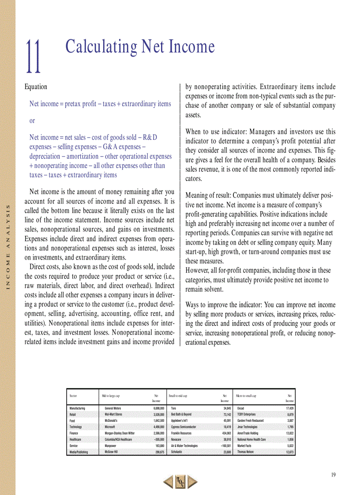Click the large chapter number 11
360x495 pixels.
coord(33,57)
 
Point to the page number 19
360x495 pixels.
coord(333,474)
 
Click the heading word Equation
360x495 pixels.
coord(36,87)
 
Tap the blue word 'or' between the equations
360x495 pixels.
coord(32,120)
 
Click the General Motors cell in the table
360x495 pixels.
coord(112,409)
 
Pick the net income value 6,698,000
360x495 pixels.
coord(156,409)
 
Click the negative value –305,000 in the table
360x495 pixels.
coord(156,439)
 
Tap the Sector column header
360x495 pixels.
coord(73,396)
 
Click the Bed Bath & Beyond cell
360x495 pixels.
coord(181,415)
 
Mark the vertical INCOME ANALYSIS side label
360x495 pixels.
coord(7,246)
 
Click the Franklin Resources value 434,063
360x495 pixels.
coord(224,433)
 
